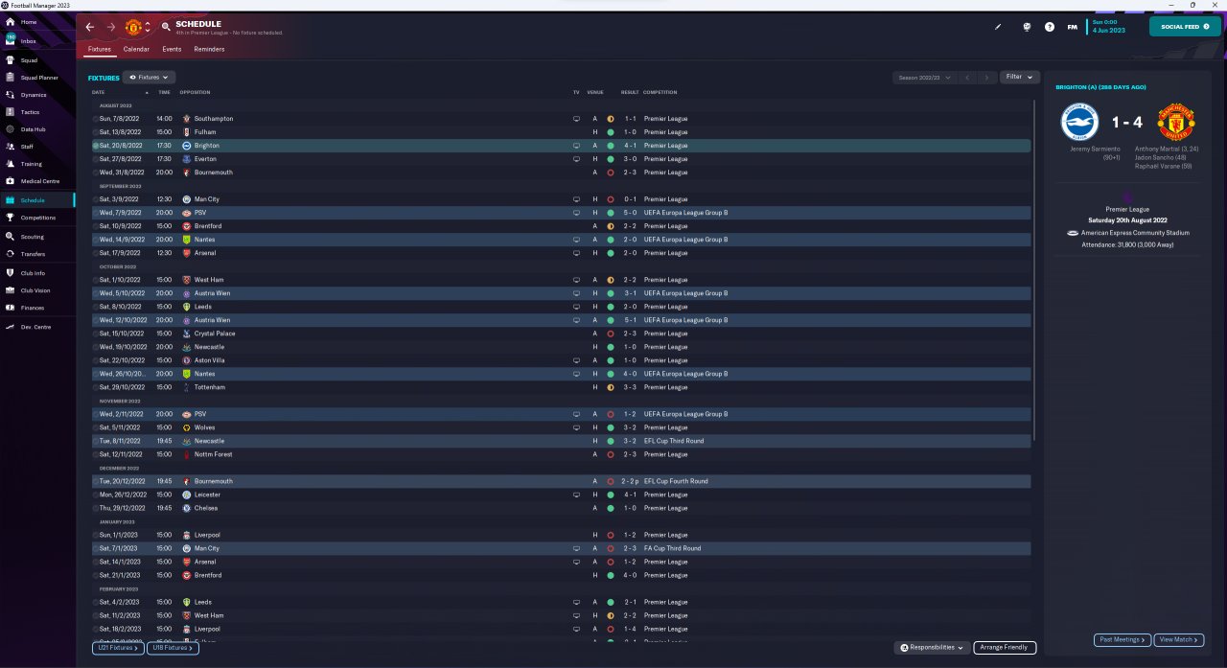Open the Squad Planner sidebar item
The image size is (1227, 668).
tap(39, 78)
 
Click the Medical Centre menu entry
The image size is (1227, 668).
tap(39, 181)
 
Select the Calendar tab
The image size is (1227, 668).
tap(136, 49)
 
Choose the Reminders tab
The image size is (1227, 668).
tap(209, 49)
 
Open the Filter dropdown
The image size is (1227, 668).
tap(1019, 77)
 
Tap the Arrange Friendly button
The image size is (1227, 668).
tap(1004, 648)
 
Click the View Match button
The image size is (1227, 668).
tap(1178, 639)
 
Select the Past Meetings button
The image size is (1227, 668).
tap(1122, 639)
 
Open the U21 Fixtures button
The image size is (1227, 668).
tap(118, 648)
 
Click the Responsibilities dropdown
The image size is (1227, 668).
tap(932, 648)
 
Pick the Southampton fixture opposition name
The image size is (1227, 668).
tap(213, 119)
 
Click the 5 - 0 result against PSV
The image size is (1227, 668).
tap(629, 213)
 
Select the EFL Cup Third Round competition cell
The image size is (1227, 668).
tap(673, 441)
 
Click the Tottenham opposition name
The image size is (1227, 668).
tap(209, 387)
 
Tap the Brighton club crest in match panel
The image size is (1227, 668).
tap(1079, 123)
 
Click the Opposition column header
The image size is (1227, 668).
tap(195, 92)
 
